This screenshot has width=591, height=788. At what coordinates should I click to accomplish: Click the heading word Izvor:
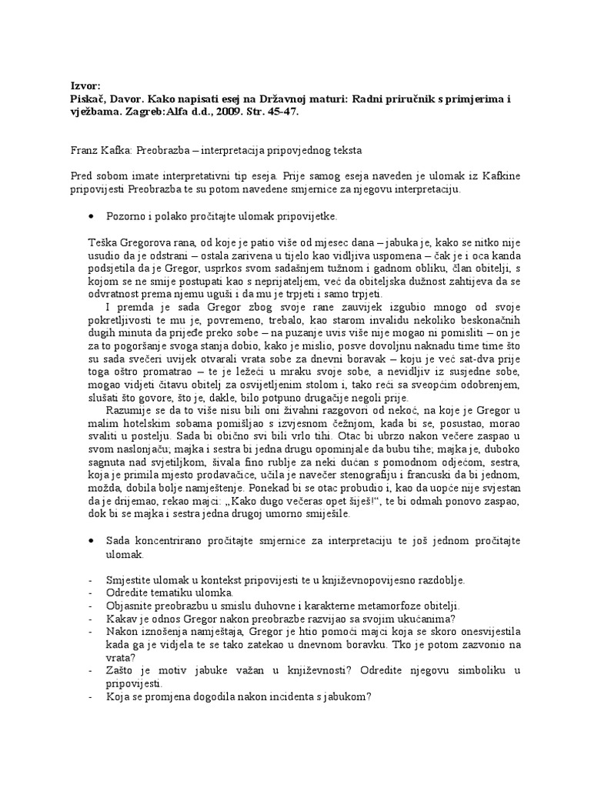click(x=85, y=86)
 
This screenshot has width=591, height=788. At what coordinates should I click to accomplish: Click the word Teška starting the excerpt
click(x=103, y=243)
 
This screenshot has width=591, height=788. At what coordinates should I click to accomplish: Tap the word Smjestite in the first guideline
click(x=132, y=579)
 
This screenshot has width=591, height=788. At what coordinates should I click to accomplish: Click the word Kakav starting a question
click(x=123, y=617)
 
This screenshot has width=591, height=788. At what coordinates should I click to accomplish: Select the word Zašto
click(x=123, y=671)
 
